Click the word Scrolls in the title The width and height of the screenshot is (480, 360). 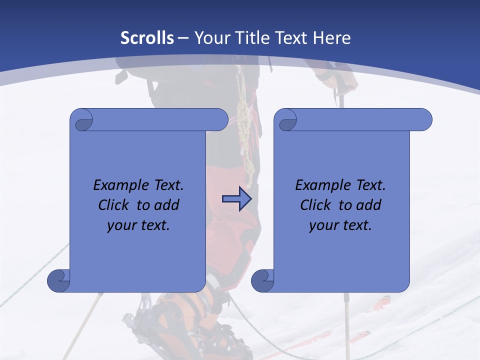tap(147, 38)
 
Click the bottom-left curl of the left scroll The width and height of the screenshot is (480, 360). tap(58, 280)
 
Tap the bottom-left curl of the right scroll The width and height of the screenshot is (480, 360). tap(262, 280)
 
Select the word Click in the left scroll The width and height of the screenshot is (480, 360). tap(112, 205)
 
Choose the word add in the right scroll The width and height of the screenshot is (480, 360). tap(368, 205)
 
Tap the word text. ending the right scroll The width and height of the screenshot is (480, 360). tap(357, 225)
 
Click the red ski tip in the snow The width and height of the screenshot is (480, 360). tap(382, 301)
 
